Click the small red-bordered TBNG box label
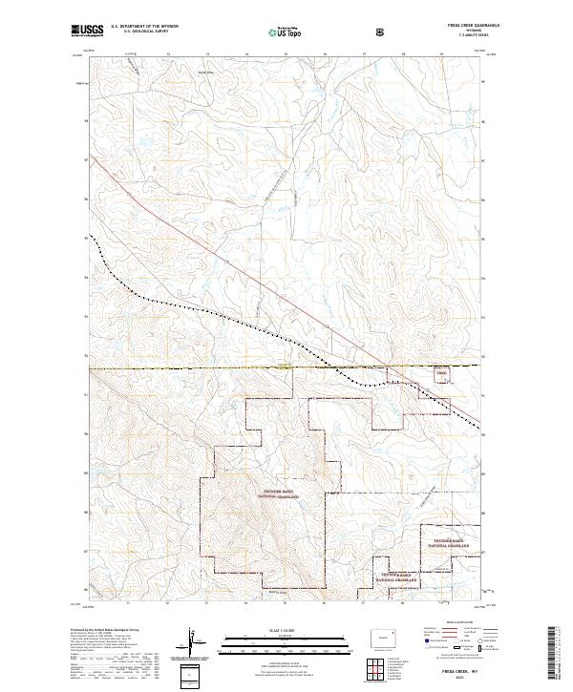441,374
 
